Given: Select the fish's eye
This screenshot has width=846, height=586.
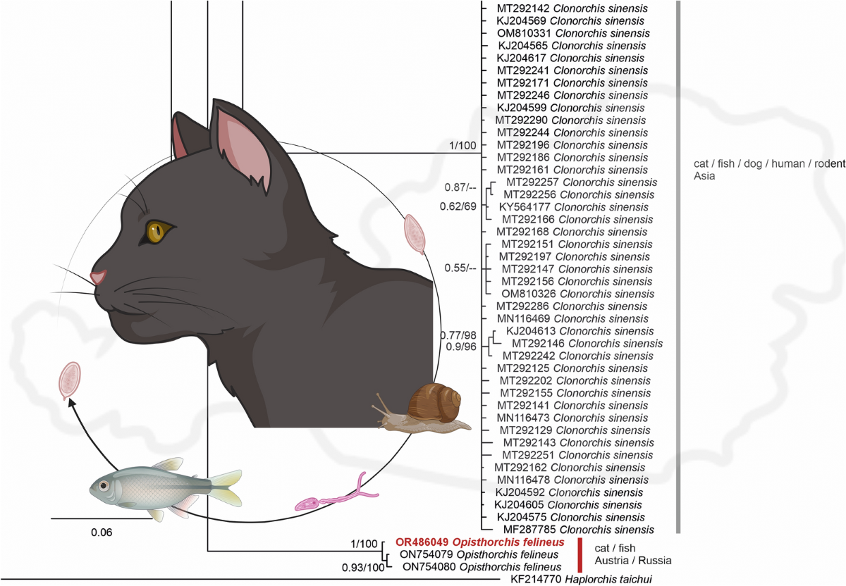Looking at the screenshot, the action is click(x=104, y=486).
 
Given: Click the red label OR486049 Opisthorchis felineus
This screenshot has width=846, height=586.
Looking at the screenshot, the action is click(x=479, y=542).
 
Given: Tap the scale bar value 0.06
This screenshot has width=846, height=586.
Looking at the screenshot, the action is click(x=102, y=532).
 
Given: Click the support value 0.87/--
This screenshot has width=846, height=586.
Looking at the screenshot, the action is click(x=461, y=187).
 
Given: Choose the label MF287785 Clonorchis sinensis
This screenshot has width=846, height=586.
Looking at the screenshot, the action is click(x=573, y=529).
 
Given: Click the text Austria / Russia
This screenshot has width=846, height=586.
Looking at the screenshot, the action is click(x=633, y=561).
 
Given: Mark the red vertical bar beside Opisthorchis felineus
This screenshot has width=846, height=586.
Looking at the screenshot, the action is click(x=580, y=554).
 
